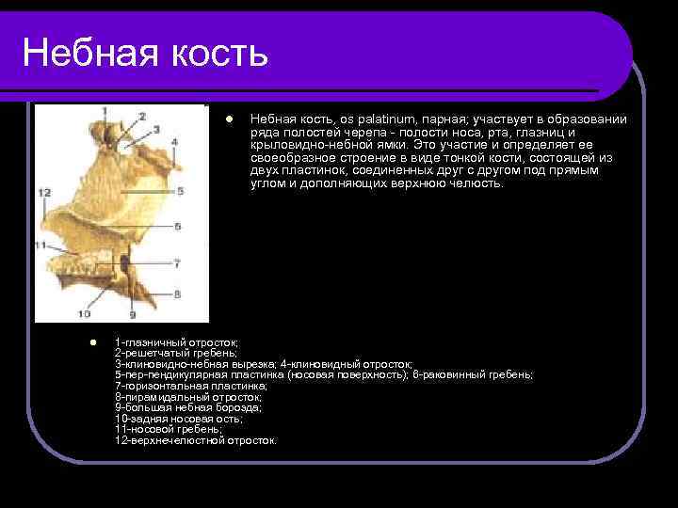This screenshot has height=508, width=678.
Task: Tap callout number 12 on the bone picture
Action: (x=44, y=192)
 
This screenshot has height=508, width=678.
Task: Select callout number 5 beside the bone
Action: (x=180, y=190)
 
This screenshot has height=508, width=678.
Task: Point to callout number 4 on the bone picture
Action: (x=175, y=143)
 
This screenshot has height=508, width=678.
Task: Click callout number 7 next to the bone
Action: (x=176, y=265)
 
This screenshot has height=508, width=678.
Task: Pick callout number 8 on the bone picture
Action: (x=176, y=294)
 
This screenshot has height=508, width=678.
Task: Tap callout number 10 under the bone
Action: (x=85, y=313)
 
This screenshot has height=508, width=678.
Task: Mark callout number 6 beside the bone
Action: (x=178, y=239)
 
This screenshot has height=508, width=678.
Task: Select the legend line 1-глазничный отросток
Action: (x=176, y=342)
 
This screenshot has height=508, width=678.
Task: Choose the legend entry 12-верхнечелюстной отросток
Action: (x=196, y=440)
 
